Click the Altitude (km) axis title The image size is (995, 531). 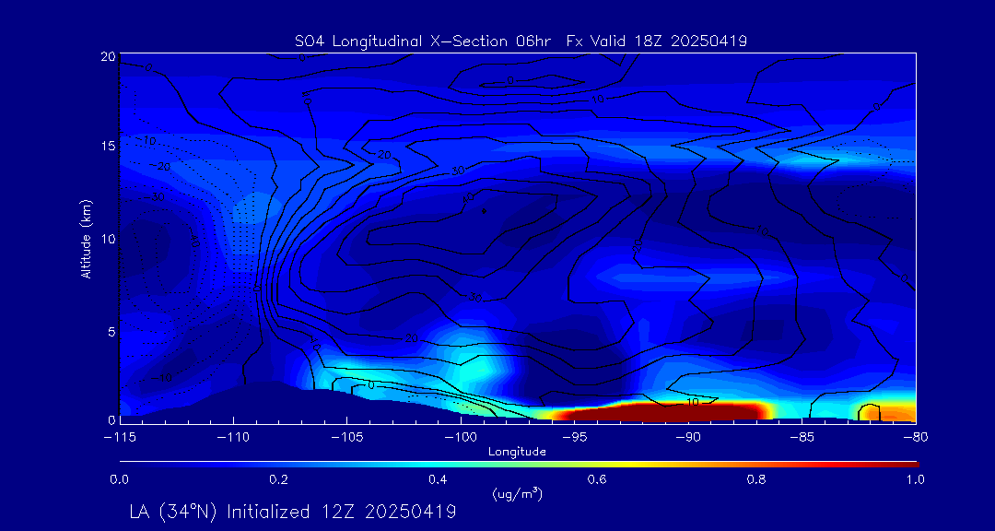click(x=87, y=239)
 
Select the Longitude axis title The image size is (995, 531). click(x=517, y=452)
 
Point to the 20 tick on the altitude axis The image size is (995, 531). click(x=108, y=57)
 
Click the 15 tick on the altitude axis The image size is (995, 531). click(x=108, y=147)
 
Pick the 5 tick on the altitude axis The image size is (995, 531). click(x=111, y=330)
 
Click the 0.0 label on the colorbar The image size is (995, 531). click(x=119, y=479)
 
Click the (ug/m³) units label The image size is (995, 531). click(x=518, y=493)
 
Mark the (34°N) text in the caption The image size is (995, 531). click(x=190, y=512)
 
